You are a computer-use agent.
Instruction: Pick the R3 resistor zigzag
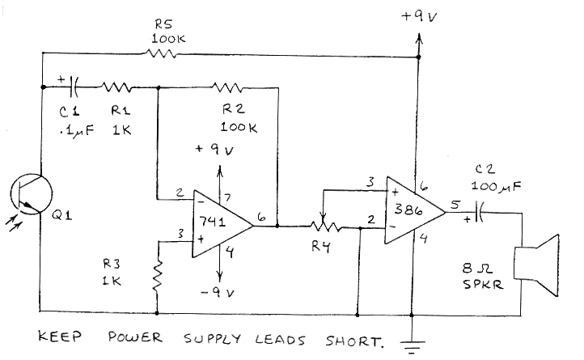pyautogui.click(x=158, y=276)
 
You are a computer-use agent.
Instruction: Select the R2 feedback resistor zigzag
pyautogui.click(x=228, y=87)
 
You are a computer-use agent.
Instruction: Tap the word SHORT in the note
pyautogui.click(x=353, y=340)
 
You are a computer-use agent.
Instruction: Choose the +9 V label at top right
pyautogui.click(x=419, y=13)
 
